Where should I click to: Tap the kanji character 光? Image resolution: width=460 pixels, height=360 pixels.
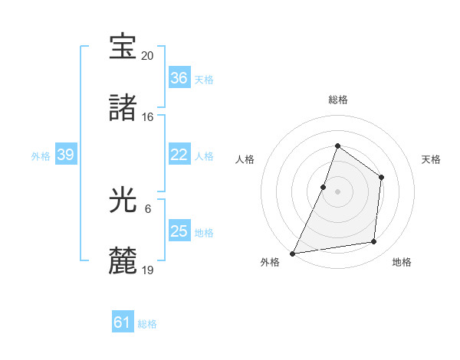coord(123,200)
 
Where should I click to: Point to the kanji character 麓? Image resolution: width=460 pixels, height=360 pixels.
coord(123,261)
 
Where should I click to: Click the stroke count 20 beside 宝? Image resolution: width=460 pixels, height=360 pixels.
coord(148,56)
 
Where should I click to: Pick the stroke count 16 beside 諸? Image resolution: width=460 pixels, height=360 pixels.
coord(148,117)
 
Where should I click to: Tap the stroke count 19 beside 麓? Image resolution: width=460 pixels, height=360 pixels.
coord(148,270)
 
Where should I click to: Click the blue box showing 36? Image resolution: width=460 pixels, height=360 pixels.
coord(179,78)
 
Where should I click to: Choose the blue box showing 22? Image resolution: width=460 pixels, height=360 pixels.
coord(179,155)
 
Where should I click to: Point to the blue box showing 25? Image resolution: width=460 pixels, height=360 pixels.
coord(179,231)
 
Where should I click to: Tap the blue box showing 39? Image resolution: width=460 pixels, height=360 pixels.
coord(65,155)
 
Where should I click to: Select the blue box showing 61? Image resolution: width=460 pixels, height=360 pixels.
coord(122,322)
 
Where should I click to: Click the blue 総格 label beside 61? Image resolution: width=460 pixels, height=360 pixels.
coord(147,324)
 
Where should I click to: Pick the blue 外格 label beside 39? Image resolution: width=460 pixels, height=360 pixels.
coord(41,156)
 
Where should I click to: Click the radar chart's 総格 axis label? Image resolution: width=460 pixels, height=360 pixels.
coord(337,100)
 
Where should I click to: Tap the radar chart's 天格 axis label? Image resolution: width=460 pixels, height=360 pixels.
coord(431,159)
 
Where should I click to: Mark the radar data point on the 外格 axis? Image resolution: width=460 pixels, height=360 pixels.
coord(293,253)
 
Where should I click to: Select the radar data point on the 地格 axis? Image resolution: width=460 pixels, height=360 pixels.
coord(374,242)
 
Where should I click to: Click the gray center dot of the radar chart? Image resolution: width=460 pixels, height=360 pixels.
coord(337,191)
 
